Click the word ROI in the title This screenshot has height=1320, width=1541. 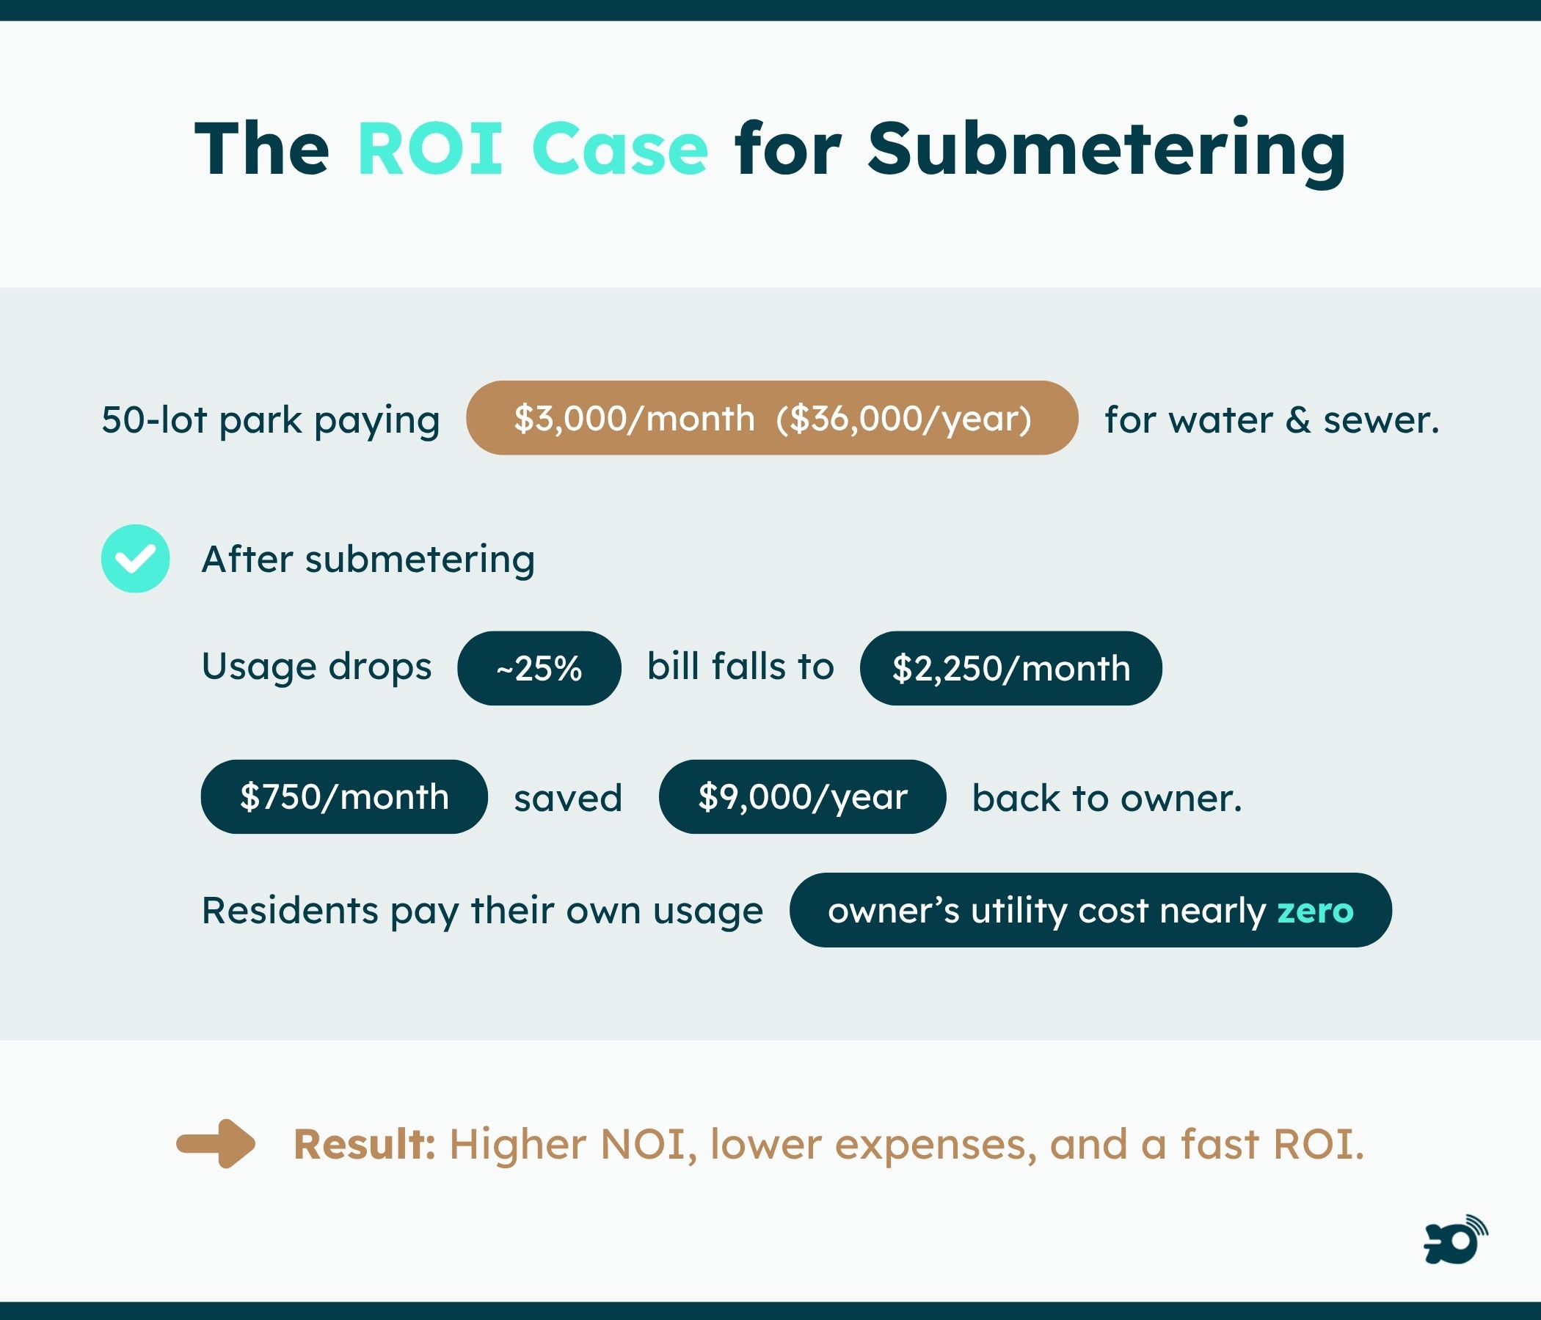430,149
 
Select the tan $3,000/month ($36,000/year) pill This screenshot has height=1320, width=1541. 772,419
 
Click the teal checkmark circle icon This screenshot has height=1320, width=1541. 135,558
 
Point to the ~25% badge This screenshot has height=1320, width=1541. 539,668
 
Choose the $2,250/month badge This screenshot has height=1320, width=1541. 1010,668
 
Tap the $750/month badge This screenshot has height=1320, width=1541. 343,796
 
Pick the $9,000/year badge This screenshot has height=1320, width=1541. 802,796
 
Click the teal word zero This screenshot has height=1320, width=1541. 1315,911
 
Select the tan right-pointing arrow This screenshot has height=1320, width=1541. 216,1144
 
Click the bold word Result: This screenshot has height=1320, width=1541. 364,1145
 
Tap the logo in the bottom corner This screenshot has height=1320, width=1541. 1454,1240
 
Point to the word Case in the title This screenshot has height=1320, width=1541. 619,149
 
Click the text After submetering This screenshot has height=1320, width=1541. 368,560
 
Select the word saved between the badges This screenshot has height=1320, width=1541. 567,799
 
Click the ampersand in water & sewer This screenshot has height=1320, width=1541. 1298,420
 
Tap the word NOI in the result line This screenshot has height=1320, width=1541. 642,1145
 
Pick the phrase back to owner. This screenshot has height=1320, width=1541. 1107,799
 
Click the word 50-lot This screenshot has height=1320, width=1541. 154,420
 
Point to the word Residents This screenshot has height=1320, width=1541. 289,911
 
